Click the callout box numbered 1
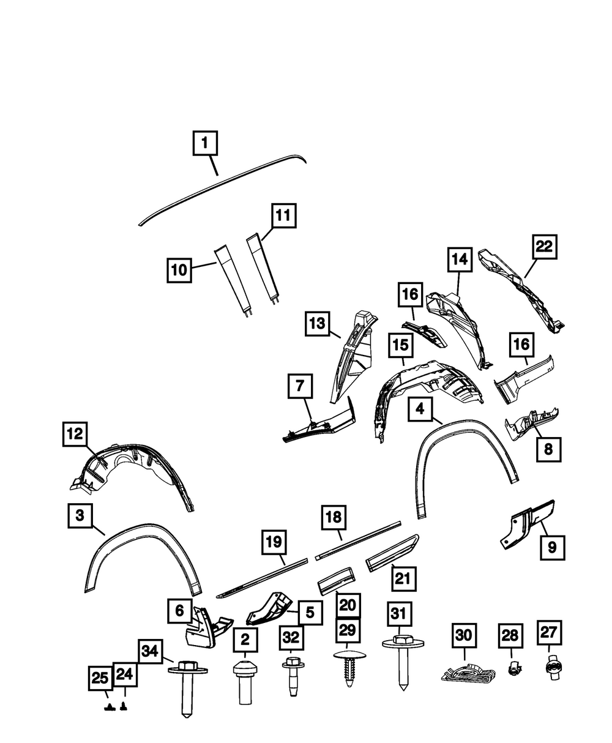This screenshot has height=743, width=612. point(205,144)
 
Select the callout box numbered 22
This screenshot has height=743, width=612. point(544,247)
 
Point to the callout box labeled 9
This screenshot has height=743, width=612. point(552,548)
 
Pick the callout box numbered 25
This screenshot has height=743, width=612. point(100,678)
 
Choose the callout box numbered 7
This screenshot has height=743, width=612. point(300,387)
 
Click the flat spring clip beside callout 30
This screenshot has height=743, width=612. point(467,674)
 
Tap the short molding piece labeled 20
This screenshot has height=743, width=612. point(337,577)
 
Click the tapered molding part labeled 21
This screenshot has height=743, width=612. point(392,552)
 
